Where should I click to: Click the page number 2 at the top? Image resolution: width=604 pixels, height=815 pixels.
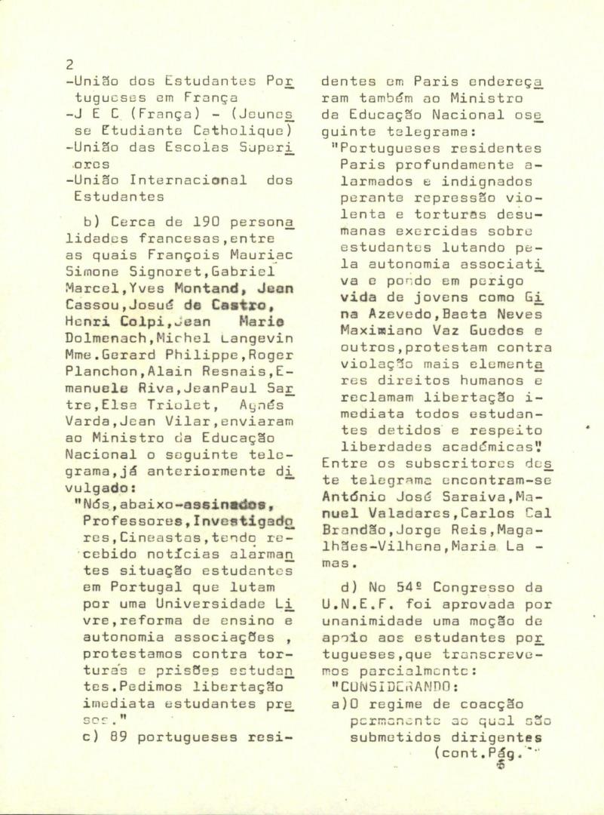69,65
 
